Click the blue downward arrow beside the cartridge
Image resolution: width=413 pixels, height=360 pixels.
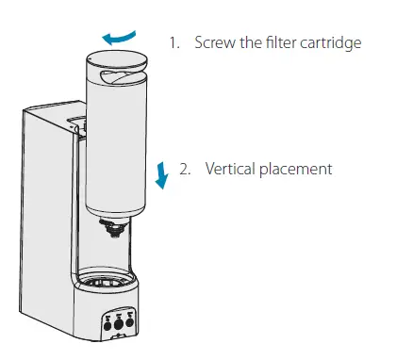pos(162,172)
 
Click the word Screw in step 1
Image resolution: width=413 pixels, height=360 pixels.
pos(214,42)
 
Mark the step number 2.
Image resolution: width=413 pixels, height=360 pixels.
pos(185,169)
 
